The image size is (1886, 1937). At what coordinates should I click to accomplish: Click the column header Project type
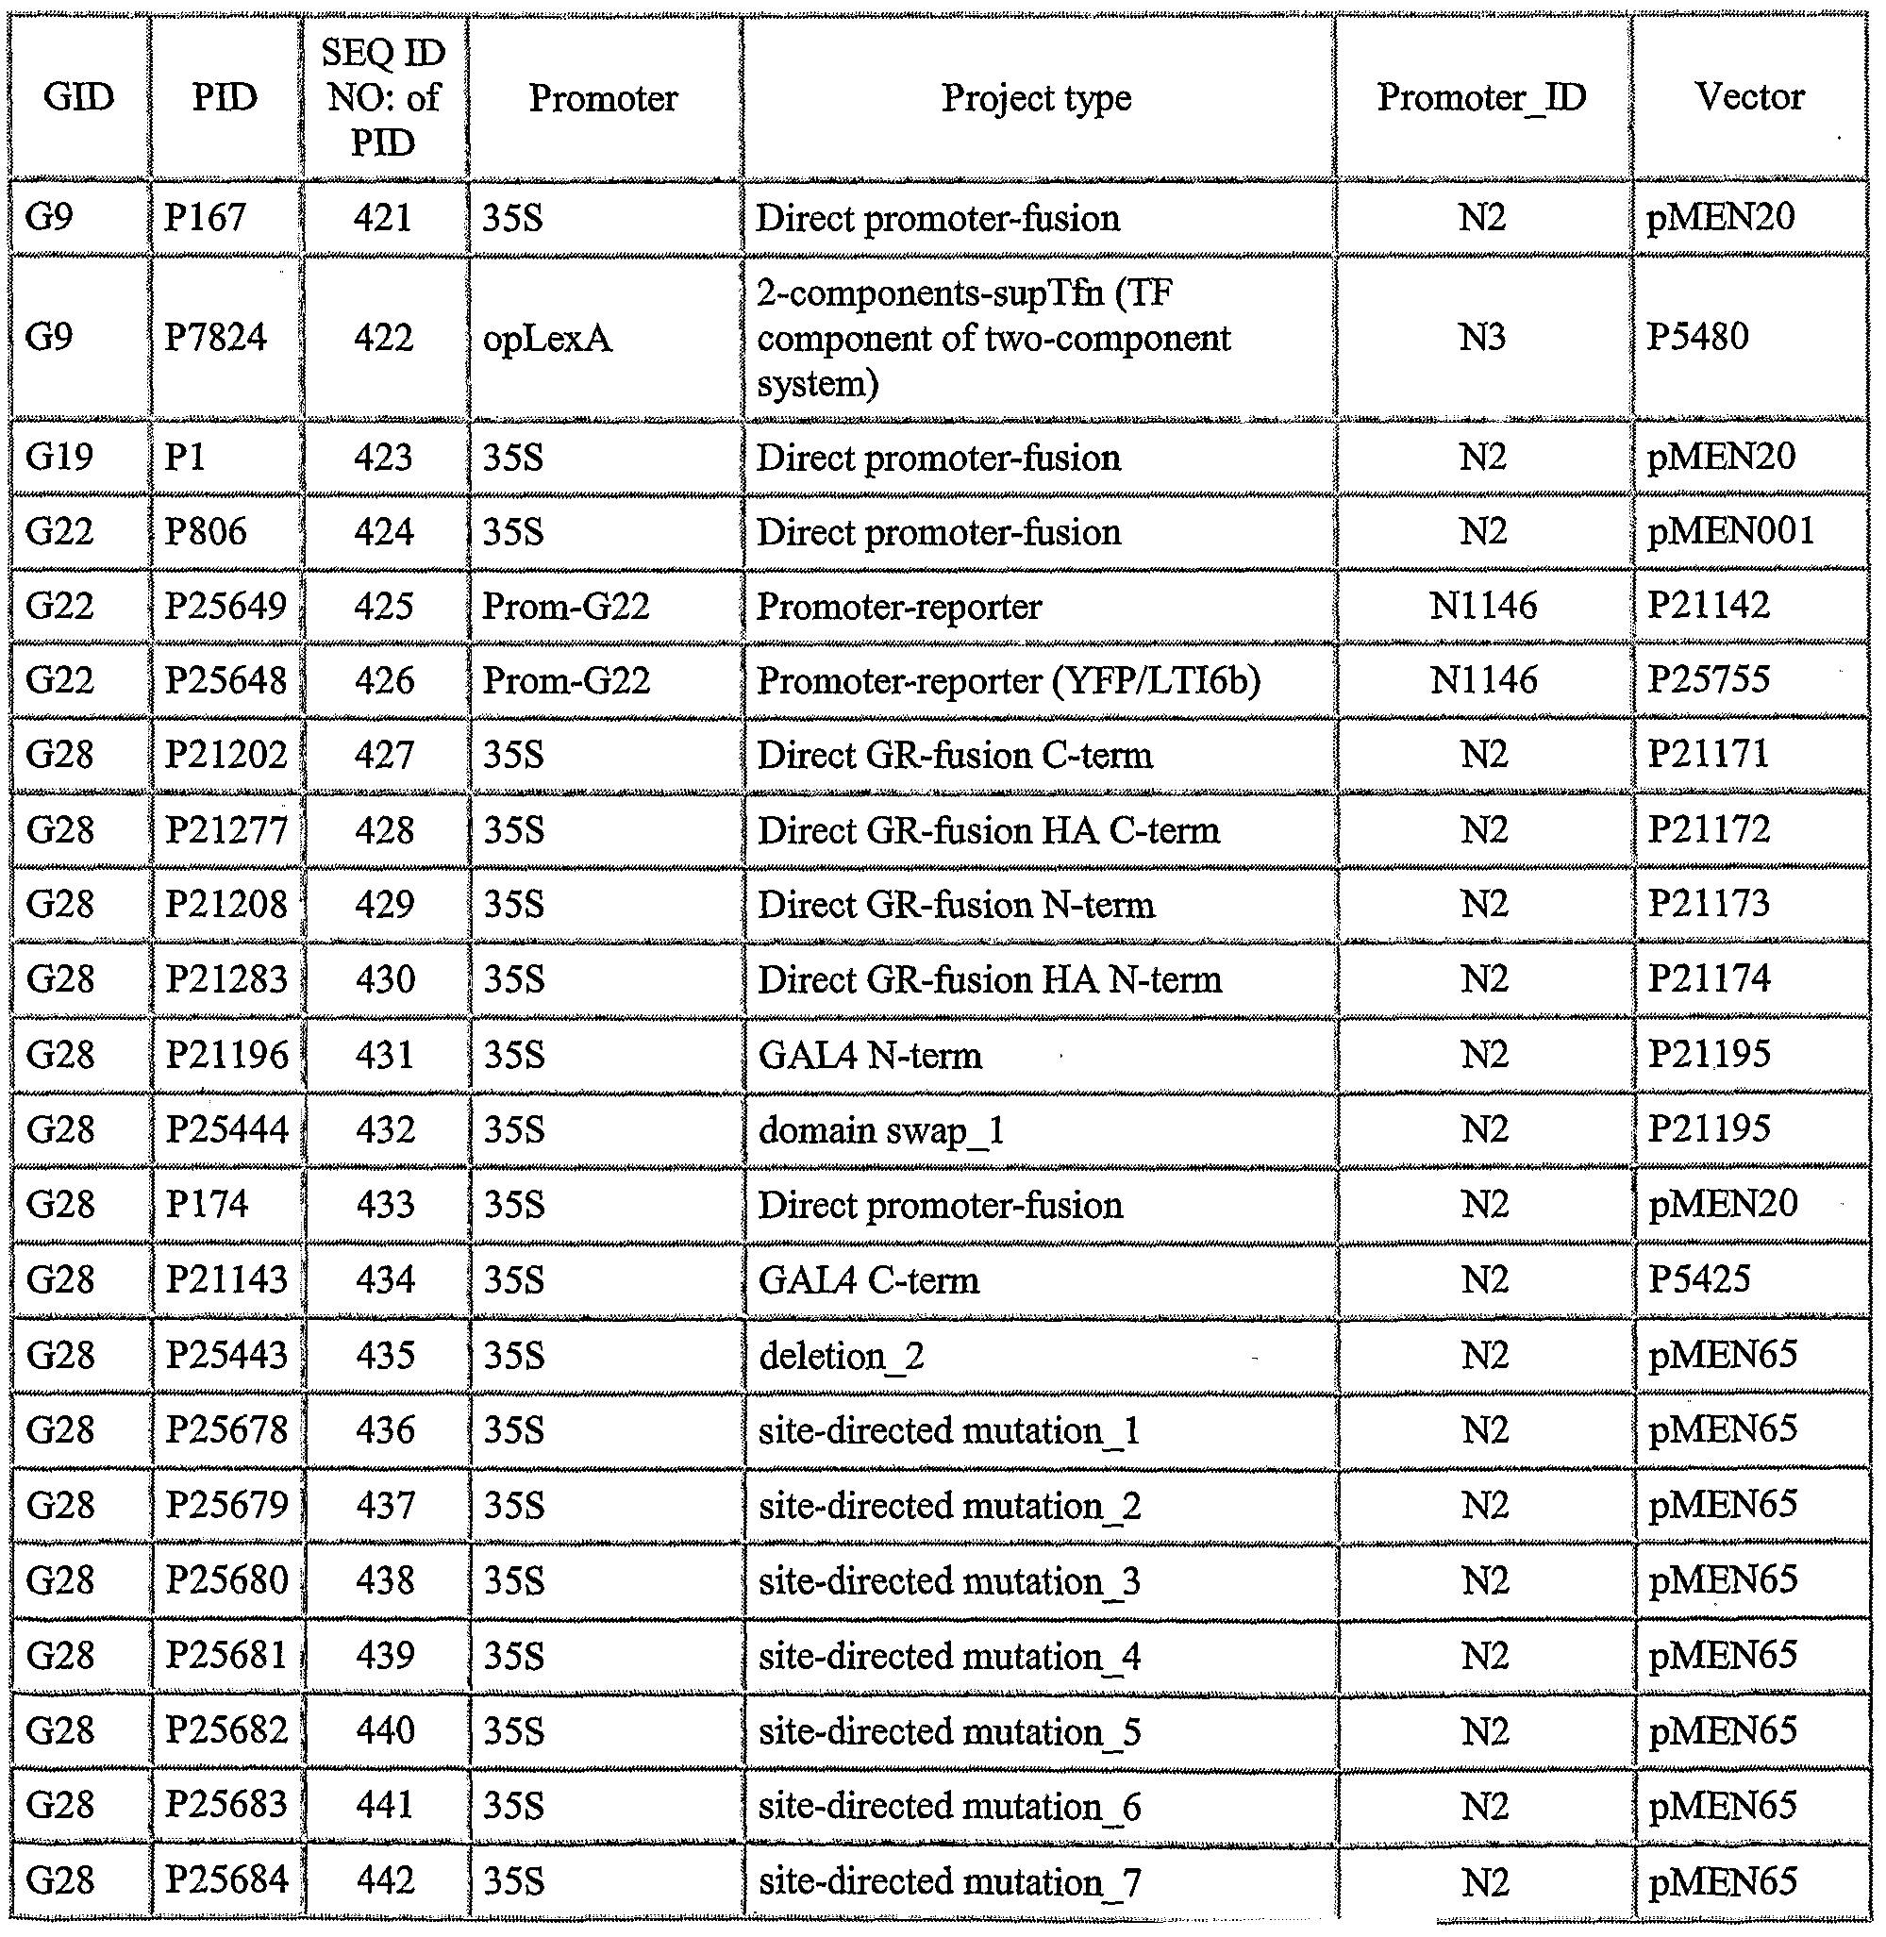[x=1036, y=97]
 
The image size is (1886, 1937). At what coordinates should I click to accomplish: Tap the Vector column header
[x=1748, y=96]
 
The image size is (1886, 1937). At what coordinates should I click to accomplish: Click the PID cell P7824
[x=215, y=337]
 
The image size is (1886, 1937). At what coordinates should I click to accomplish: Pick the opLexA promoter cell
[x=547, y=339]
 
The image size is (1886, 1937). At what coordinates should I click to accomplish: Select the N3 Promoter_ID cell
[x=1482, y=337]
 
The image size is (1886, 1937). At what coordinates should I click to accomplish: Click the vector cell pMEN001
[x=1730, y=531]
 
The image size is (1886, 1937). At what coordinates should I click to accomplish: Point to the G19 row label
[x=58, y=457]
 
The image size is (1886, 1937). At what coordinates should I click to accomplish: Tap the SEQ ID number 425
[x=383, y=606]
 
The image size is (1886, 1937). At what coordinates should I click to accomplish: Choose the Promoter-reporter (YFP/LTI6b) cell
[x=1009, y=680]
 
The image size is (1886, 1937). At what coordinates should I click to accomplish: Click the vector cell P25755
[x=1708, y=679]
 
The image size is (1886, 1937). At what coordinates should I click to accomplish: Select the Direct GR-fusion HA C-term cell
[x=989, y=830]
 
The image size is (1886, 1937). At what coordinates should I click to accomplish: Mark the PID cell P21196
[x=226, y=1054]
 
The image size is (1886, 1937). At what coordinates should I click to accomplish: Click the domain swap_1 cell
[x=881, y=1129]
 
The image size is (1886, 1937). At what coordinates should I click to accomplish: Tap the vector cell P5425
[x=1699, y=1279]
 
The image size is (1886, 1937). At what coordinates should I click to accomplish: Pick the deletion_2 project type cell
[x=841, y=1355]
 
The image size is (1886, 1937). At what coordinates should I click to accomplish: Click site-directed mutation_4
[x=949, y=1656]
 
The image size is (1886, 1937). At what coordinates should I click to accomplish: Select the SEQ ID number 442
[x=384, y=1880]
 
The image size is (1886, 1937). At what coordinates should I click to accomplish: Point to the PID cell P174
[x=206, y=1204]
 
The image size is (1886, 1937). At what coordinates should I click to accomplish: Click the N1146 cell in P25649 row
[x=1483, y=606]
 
